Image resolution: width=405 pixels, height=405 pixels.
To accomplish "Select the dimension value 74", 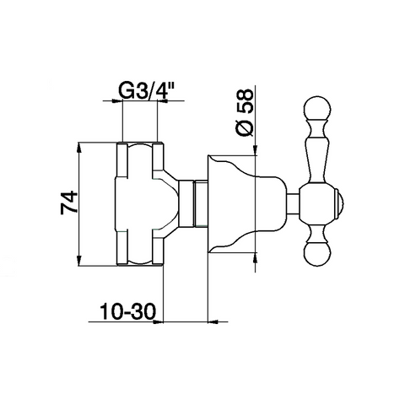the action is [x=69, y=202].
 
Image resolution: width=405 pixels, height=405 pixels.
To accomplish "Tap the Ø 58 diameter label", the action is [x=244, y=112].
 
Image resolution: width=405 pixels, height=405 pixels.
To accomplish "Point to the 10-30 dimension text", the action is [x=128, y=311].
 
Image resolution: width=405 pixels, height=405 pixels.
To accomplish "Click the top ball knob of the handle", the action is [x=317, y=109].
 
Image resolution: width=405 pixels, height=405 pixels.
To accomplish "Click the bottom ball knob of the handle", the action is [x=317, y=254].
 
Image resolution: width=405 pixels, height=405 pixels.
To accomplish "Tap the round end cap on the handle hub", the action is [x=340, y=203].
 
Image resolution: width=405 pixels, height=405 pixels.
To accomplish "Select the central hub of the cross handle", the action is [x=317, y=203].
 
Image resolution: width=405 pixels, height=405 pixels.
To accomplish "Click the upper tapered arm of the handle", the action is [x=317, y=152].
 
